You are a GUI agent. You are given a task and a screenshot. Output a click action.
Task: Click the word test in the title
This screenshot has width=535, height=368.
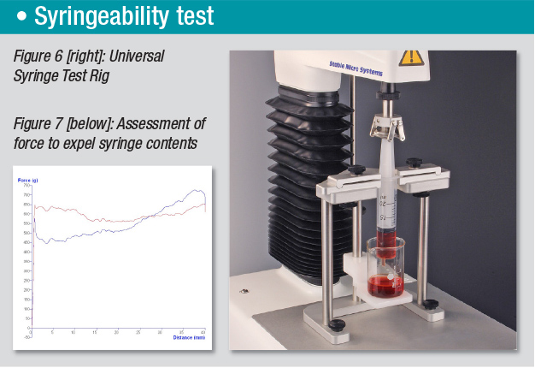click(x=214, y=15)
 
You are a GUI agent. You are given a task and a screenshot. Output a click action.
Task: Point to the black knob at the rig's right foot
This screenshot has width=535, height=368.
click(x=430, y=304)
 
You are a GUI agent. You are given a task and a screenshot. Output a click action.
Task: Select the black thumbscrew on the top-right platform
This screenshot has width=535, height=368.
click(x=414, y=163)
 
